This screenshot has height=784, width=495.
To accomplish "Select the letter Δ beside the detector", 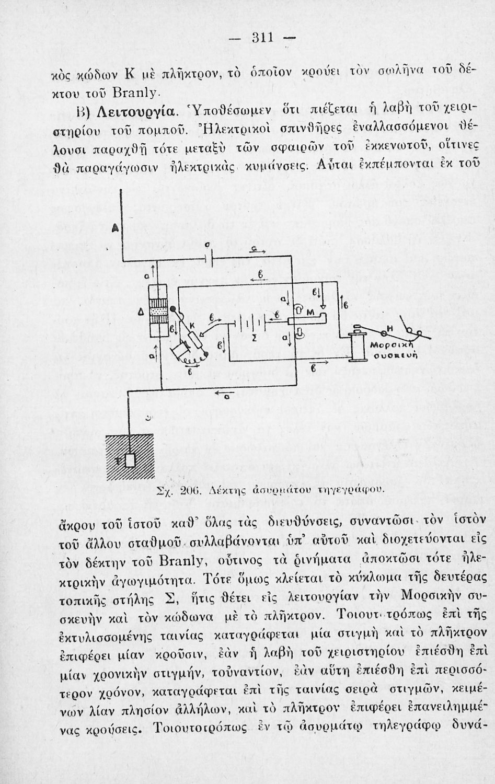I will point(140,312).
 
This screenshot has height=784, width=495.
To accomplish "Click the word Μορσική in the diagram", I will point(385,347).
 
